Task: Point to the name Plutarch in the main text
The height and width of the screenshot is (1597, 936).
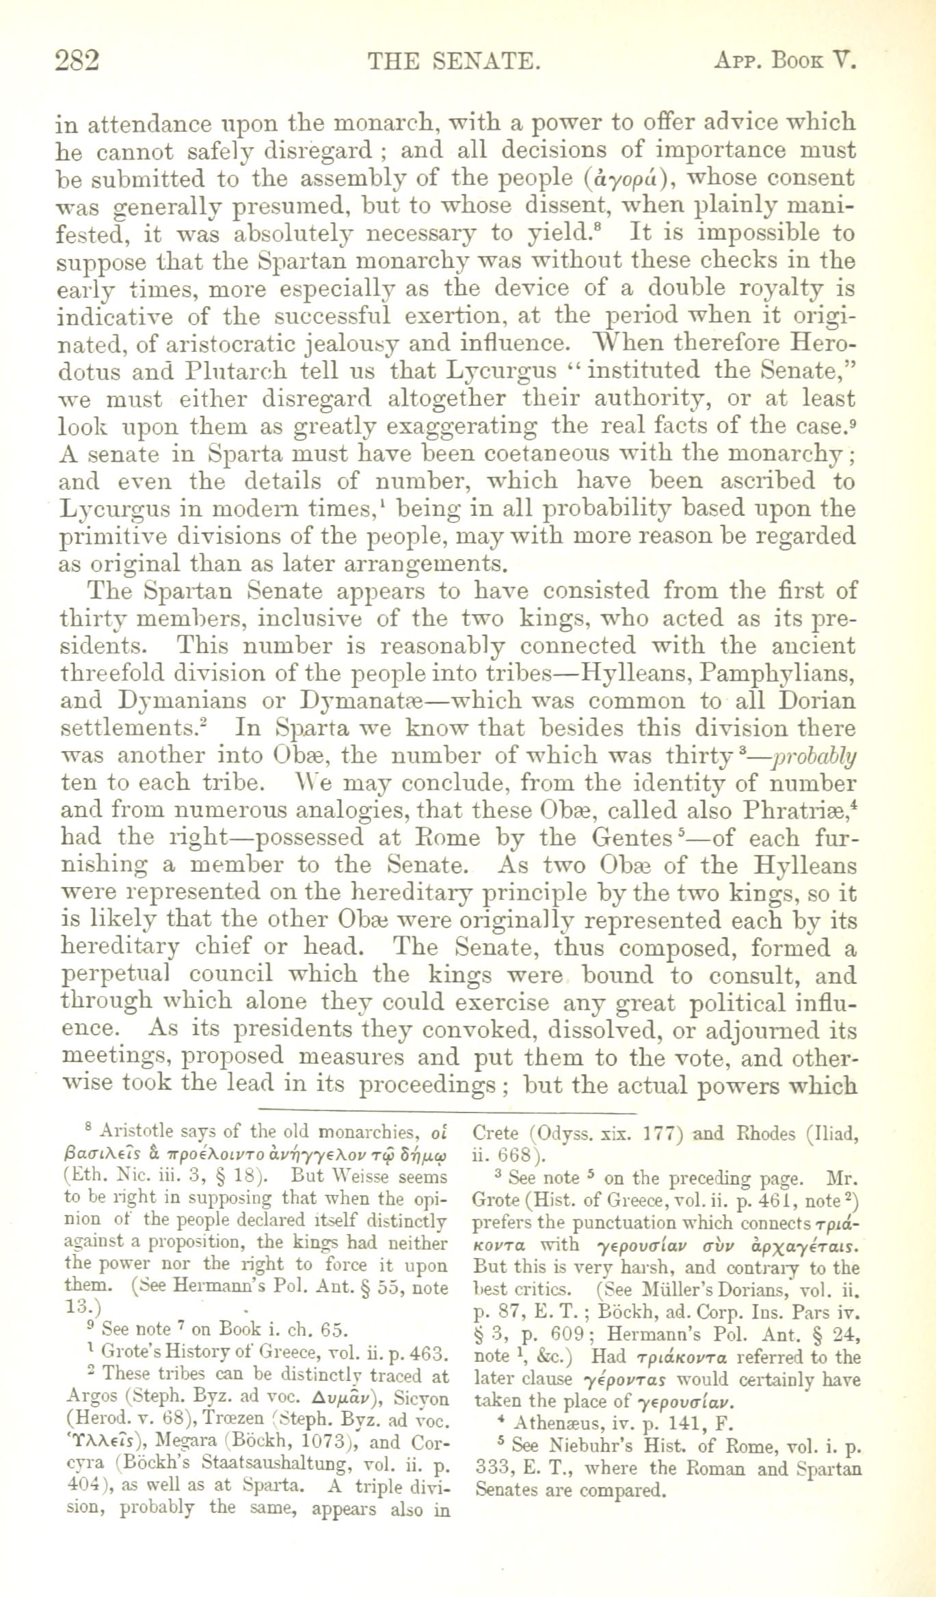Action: pyautogui.click(x=235, y=371)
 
